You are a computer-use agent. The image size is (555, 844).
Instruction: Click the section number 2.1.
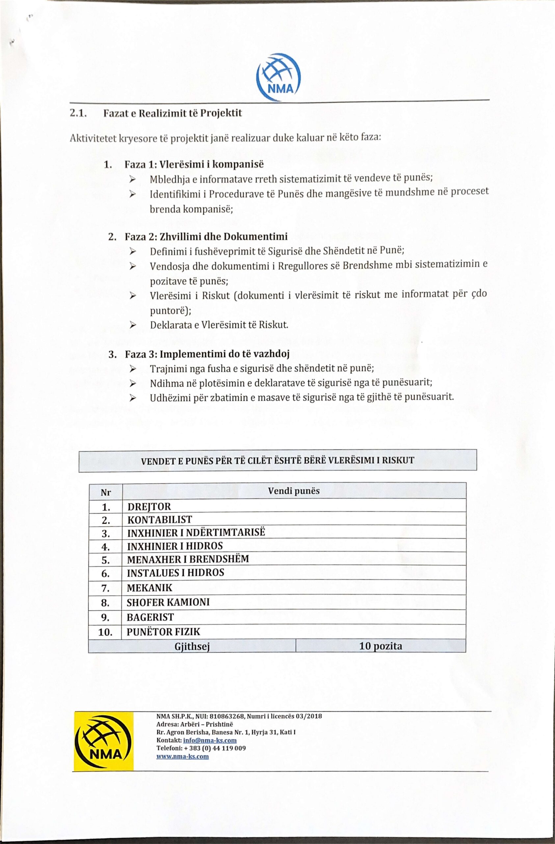pos(78,113)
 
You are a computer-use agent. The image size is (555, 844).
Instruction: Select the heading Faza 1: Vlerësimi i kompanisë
pos(194,165)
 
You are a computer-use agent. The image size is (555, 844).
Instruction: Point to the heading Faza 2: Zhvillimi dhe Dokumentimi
pos(206,236)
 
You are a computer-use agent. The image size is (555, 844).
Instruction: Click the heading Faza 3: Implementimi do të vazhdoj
pos(207,354)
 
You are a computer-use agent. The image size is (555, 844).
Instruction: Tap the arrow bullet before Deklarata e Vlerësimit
pos(133,325)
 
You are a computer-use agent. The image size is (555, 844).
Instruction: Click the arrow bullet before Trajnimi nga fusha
pos(133,369)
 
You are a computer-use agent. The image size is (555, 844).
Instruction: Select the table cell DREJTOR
pos(149,506)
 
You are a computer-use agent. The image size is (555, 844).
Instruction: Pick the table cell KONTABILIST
pos(160,520)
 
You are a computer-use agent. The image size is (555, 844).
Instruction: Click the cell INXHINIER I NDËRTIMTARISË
pos(196,533)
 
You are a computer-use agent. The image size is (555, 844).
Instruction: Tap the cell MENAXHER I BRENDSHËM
pos(188,559)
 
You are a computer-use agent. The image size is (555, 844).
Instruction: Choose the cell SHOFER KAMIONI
pos(168,602)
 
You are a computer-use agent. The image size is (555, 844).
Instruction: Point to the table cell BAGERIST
pos(150,617)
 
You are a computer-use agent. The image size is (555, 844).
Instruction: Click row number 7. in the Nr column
pos(106,588)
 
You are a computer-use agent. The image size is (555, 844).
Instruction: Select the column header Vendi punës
pos(294,491)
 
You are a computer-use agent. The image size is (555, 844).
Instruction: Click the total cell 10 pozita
pos(381,646)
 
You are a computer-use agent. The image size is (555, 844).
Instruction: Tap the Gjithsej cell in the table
pos(192,647)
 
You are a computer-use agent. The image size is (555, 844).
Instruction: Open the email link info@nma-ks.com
pos(210,740)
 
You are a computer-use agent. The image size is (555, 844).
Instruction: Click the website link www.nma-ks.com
pos(182,756)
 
